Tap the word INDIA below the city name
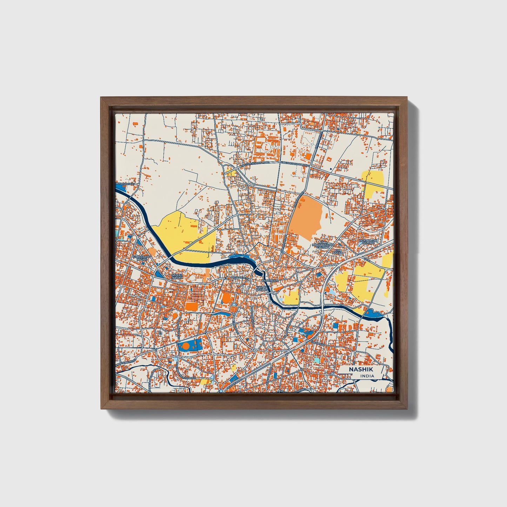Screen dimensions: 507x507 pos(367,376)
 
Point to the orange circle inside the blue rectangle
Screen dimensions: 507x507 pos(186,346)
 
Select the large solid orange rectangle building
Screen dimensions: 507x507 pos(192,306)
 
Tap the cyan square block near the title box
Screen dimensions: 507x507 pos(316,360)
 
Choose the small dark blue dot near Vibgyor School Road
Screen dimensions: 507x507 pos(331,169)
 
